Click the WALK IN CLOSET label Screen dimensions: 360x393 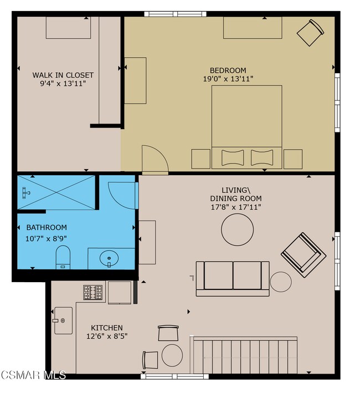click(x=63, y=75)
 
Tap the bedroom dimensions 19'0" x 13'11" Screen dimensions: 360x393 click(x=228, y=79)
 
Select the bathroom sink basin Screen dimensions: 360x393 click(x=109, y=258)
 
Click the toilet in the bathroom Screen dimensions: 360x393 click(x=63, y=257)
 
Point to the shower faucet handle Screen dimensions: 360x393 click(x=25, y=193)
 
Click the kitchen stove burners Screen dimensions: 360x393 click(x=93, y=292)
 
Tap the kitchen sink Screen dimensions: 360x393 click(x=63, y=320)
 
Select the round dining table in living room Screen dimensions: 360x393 click(x=237, y=229)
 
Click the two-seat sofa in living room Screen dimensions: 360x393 click(x=233, y=279)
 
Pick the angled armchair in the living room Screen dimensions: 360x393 click(x=304, y=254)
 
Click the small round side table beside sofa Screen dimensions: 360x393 click(x=281, y=282)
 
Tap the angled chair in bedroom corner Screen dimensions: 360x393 click(x=310, y=33)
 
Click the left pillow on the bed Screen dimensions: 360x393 click(x=233, y=157)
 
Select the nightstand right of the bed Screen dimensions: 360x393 click(x=293, y=159)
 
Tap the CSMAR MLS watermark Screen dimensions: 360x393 click(x=33, y=375)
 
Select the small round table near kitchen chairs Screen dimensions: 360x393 click(x=172, y=355)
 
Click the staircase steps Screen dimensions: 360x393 click(x=244, y=356)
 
